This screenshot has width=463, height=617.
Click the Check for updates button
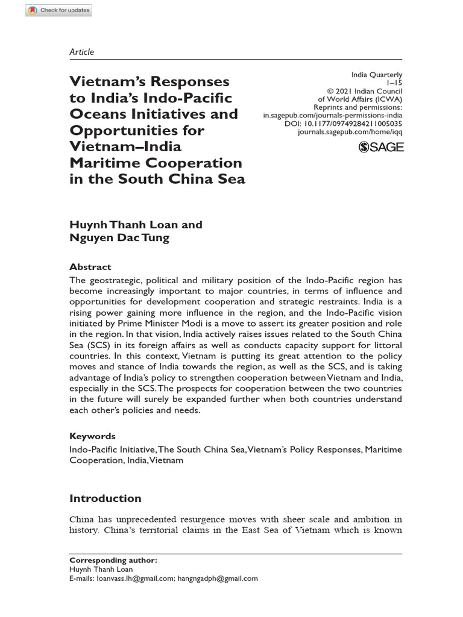pos(59,10)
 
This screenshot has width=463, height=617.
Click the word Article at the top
pos(82,52)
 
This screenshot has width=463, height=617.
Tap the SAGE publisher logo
pos(381,146)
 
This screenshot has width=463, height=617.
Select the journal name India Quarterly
pos(377,75)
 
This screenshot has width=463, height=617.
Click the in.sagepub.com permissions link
pos(333,115)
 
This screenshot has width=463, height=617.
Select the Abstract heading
pos(90,267)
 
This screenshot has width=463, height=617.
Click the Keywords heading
pos(92,436)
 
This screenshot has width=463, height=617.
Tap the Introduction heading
pos(106,498)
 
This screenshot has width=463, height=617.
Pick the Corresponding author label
pos(113,560)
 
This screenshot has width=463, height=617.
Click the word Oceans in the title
pos(99,114)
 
